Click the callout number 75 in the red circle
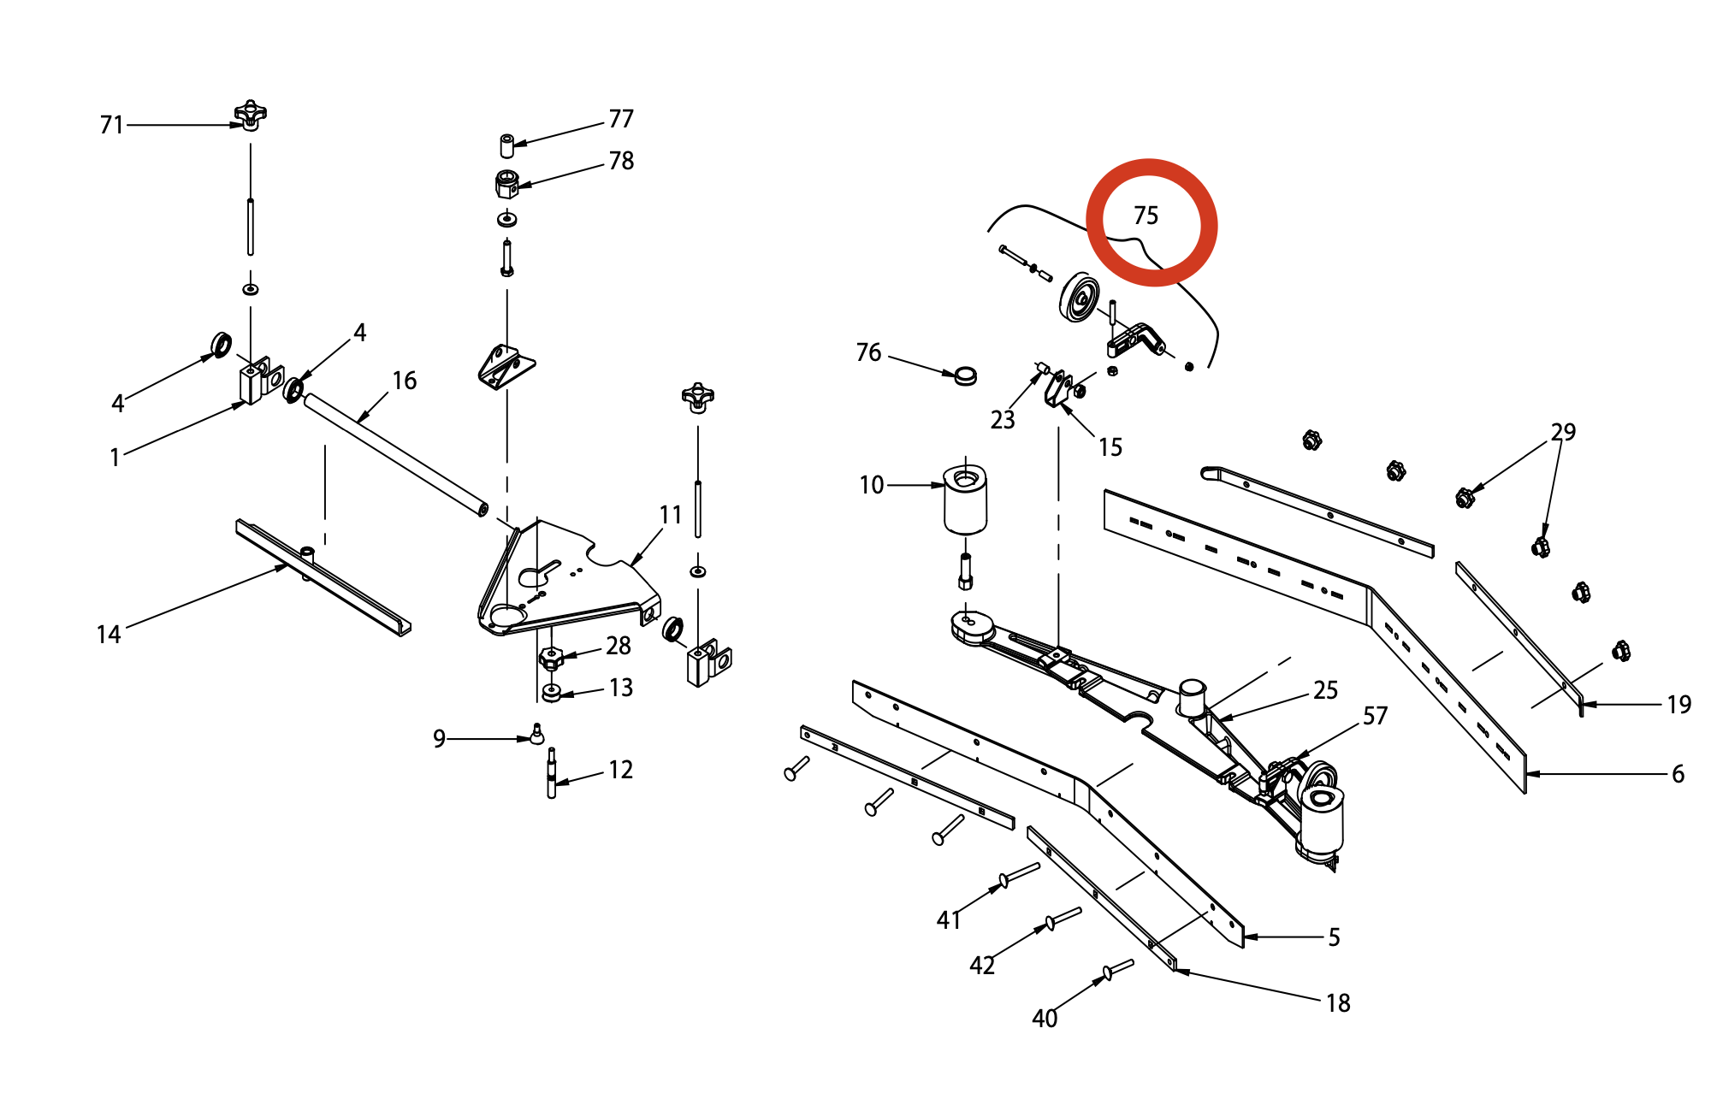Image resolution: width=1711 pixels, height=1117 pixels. [x=1146, y=216]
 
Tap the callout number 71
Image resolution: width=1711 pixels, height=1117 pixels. [x=112, y=125]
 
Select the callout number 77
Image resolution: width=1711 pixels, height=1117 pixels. [x=621, y=119]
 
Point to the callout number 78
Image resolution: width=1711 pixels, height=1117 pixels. [x=621, y=161]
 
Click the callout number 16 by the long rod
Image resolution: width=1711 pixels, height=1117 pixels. [x=405, y=381]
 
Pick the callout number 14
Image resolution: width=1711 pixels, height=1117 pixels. [x=109, y=635]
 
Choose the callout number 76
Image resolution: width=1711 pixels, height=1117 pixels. [x=868, y=352]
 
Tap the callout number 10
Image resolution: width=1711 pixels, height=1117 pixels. [x=872, y=485]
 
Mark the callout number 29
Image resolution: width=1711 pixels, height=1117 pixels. [x=1563, y=432]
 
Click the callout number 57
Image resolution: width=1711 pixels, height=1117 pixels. [x=1375, y=716]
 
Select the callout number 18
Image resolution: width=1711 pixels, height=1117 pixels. [x=1338, y=1003]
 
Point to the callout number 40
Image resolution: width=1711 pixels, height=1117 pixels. [x=1045, y=1019]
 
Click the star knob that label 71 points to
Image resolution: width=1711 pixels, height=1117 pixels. [x=250, y=115]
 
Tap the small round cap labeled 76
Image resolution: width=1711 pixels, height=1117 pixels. [x=966, y=375]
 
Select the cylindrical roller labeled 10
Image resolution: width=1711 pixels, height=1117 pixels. [x=965, y=499]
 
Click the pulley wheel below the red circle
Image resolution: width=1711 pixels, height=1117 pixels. [x=1080, y=298]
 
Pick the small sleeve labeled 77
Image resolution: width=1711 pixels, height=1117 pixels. [x=506, y=145]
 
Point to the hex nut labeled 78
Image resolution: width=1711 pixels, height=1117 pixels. [x=506, y=184]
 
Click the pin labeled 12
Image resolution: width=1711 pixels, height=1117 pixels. [x=551, y=773]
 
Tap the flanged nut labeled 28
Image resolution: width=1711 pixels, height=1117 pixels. [x=550, y=659]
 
